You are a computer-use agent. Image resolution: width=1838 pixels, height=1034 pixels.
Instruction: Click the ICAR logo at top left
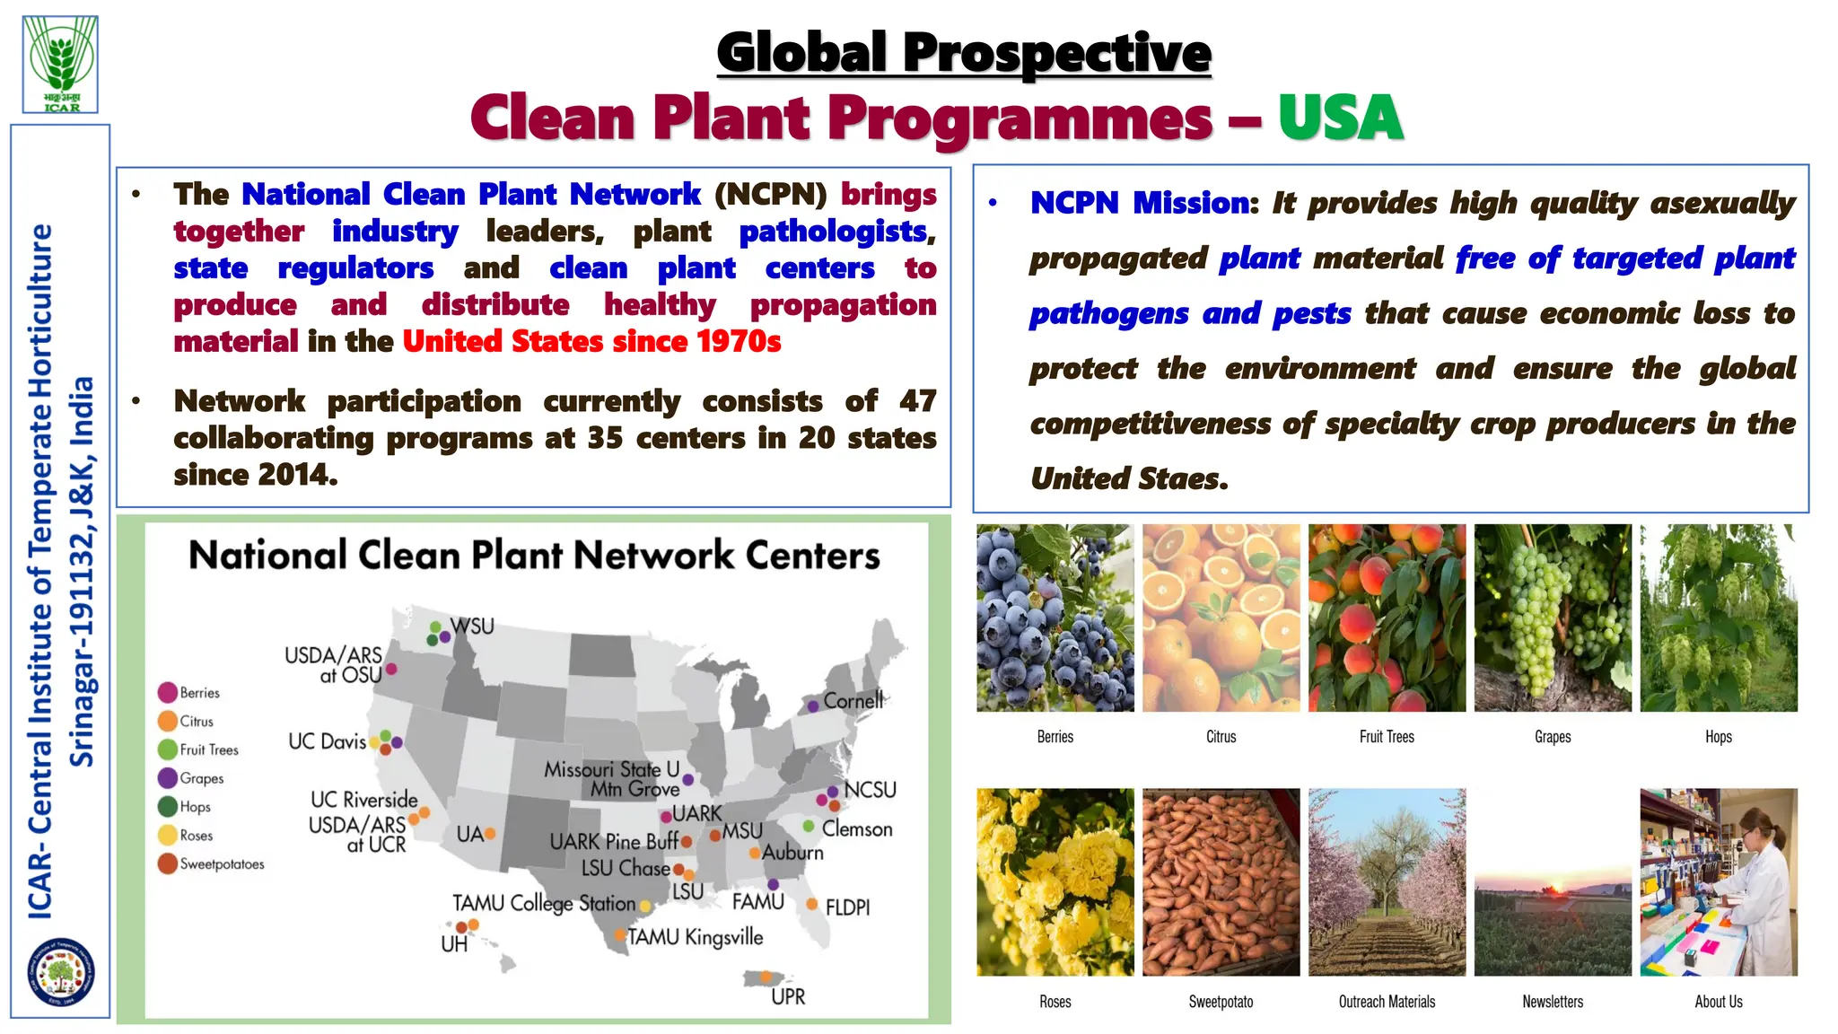pos(61,63)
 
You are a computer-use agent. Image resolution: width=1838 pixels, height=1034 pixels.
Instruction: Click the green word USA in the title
pos(1340,118)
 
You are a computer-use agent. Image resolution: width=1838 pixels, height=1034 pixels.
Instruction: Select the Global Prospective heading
pos(964,52)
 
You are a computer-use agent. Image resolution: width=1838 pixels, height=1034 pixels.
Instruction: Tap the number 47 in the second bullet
pos(917,400)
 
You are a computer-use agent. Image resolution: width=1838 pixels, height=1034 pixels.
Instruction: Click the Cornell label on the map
pos(853,700)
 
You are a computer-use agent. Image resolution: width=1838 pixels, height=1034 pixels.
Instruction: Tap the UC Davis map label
pos(327,741)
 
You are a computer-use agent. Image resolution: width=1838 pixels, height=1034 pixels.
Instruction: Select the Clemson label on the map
pos(857,829)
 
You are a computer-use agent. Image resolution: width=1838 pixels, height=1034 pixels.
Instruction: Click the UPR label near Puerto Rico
pos(788,996)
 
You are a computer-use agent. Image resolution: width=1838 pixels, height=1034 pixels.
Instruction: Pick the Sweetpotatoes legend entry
pos(222,864)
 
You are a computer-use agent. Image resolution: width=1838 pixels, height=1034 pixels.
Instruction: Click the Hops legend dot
pos(168,806)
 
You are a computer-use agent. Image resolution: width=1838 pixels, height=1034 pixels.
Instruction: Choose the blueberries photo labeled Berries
pos(1055,618)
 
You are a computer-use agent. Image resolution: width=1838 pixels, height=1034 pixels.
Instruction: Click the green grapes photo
pos(1553,618)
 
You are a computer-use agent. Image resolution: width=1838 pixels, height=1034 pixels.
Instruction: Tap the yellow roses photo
pos(1055,882)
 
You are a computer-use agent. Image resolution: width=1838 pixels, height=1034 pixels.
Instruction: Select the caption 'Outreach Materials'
pos(1387,1002)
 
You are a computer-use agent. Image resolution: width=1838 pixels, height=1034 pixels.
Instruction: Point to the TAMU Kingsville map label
pos(696,937)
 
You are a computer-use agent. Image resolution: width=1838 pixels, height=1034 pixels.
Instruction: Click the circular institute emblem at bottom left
pos(61,971)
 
